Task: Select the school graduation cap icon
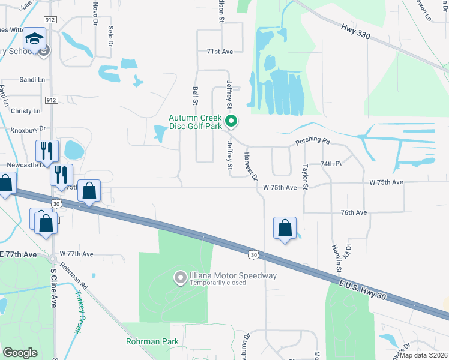click(x=35, y=39)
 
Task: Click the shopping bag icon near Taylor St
click(x=285, y=229)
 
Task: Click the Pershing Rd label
click(x=312, y=142)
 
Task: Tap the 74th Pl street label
click(x=330, y=163)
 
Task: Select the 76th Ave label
click(x=354, y=212)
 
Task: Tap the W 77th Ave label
click(x=76, y=254)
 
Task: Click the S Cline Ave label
click(x=53, y=287)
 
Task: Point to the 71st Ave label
click(x=219, y=52)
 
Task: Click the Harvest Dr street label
click(x=250, y=164)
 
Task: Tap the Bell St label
click(x=196, y=95)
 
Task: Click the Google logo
click(x=20, y=353)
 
